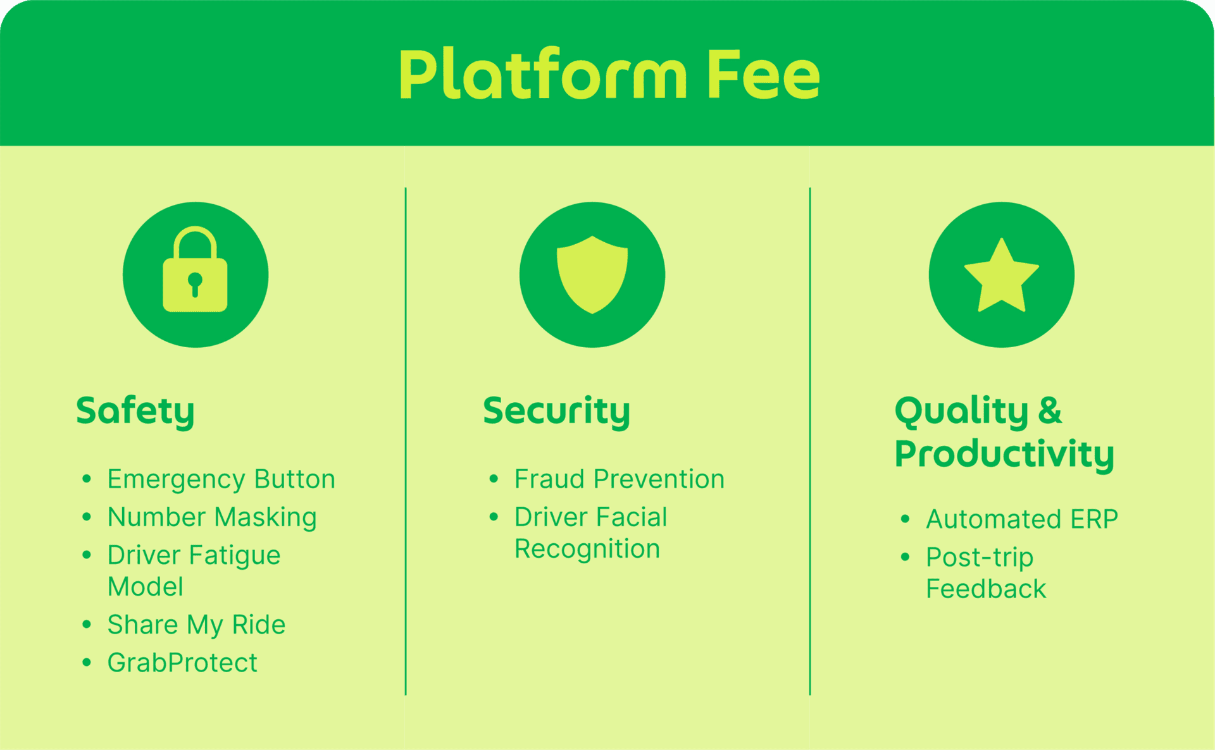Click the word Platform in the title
(542, 76)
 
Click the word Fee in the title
(763, 76)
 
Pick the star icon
(1001, 276)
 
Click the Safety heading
(135, 411)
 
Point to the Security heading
(556, 411)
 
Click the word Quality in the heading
(961, 411)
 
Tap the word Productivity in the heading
(1004, 454)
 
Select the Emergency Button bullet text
(221, 479)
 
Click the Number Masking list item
(212, 517)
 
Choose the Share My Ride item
(196, 625)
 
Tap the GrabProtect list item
(182, 663)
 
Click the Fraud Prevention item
(619, 479)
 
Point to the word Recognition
(587, 549)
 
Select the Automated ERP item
(1021, 519)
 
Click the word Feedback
(985, 589)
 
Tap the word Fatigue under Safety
(234, 555)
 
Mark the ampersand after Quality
(1049, 411)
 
